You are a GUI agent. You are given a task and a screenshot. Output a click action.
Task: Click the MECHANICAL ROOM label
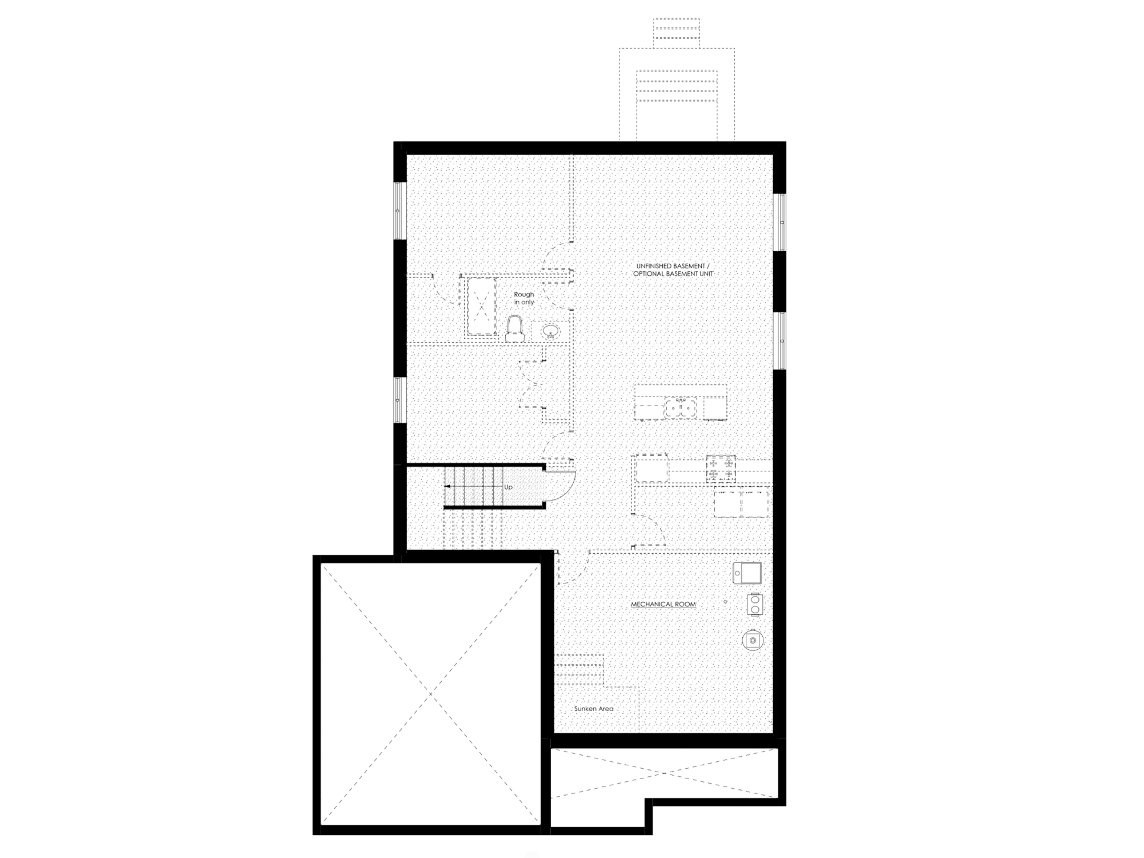point(663,604)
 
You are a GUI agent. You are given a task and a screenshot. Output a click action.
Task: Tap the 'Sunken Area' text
point(594,708)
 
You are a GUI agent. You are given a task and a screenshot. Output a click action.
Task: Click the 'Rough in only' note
point(524,298)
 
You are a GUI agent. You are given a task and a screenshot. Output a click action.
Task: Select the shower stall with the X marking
point(482,307)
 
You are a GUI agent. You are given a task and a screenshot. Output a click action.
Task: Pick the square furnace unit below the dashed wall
point(747,573)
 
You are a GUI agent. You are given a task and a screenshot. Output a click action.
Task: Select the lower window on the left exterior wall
point(398,400)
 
